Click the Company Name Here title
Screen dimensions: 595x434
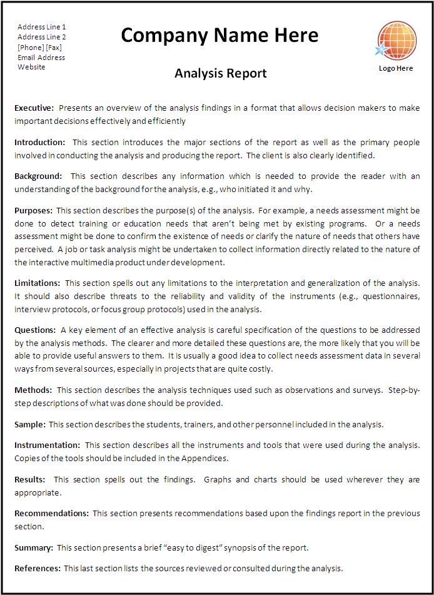coord(220,36)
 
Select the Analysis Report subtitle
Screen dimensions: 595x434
coord(220,74)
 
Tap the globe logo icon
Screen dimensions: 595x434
coord(395,41)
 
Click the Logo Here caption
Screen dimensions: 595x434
coord(396,68)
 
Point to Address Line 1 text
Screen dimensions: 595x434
coord(41,27)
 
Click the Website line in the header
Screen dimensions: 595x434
coord(31,67)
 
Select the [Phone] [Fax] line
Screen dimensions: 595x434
coord(39,47)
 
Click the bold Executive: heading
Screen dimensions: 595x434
coord(34,108)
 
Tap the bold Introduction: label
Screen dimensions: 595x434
coord(39,142)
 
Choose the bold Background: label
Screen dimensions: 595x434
coord(38,176)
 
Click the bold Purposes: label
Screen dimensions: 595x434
coord(33,211)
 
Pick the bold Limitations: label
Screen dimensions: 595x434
coord(37,283)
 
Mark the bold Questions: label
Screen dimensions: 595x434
coord(35,330)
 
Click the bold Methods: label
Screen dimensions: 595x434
coord(33,390)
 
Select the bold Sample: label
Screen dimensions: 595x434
coord(29,424)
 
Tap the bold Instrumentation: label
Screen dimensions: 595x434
coord(47,445)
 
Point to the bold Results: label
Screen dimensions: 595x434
coord(29,479)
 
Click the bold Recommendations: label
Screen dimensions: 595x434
coord(51,513)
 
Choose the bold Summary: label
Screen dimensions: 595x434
coord(33,547)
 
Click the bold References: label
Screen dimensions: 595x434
coord(37,568)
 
